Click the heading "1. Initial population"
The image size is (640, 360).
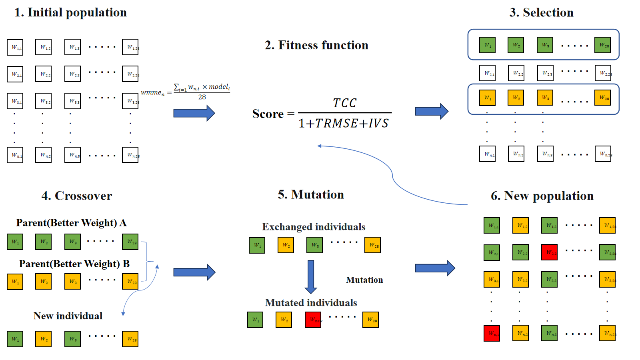click(70, 12)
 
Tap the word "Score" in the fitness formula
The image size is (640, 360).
click(268, 114)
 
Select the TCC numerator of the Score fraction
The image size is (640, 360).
click(344, 103)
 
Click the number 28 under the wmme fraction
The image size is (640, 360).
click(202, 97)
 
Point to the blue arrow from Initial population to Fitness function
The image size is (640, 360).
click(194, 113)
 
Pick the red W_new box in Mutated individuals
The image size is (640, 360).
click(313, 320)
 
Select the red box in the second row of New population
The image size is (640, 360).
click(549, 252)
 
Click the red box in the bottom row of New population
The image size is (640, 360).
click(492, 333)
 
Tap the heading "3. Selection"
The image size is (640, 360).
click(541, 12)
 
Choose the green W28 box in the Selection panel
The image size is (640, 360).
click(602, 45)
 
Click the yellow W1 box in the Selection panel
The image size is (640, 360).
click(487, 98)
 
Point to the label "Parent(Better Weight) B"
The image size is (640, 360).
click(74, 264)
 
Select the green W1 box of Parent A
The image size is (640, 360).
click(15, 242)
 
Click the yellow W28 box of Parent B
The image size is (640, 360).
click(130, 282)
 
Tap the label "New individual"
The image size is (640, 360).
click(68, 316)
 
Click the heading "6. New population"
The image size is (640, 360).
click(542, 196)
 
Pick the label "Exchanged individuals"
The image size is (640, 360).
click(314, 227)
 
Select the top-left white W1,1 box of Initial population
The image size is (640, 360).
click(15, 47)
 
